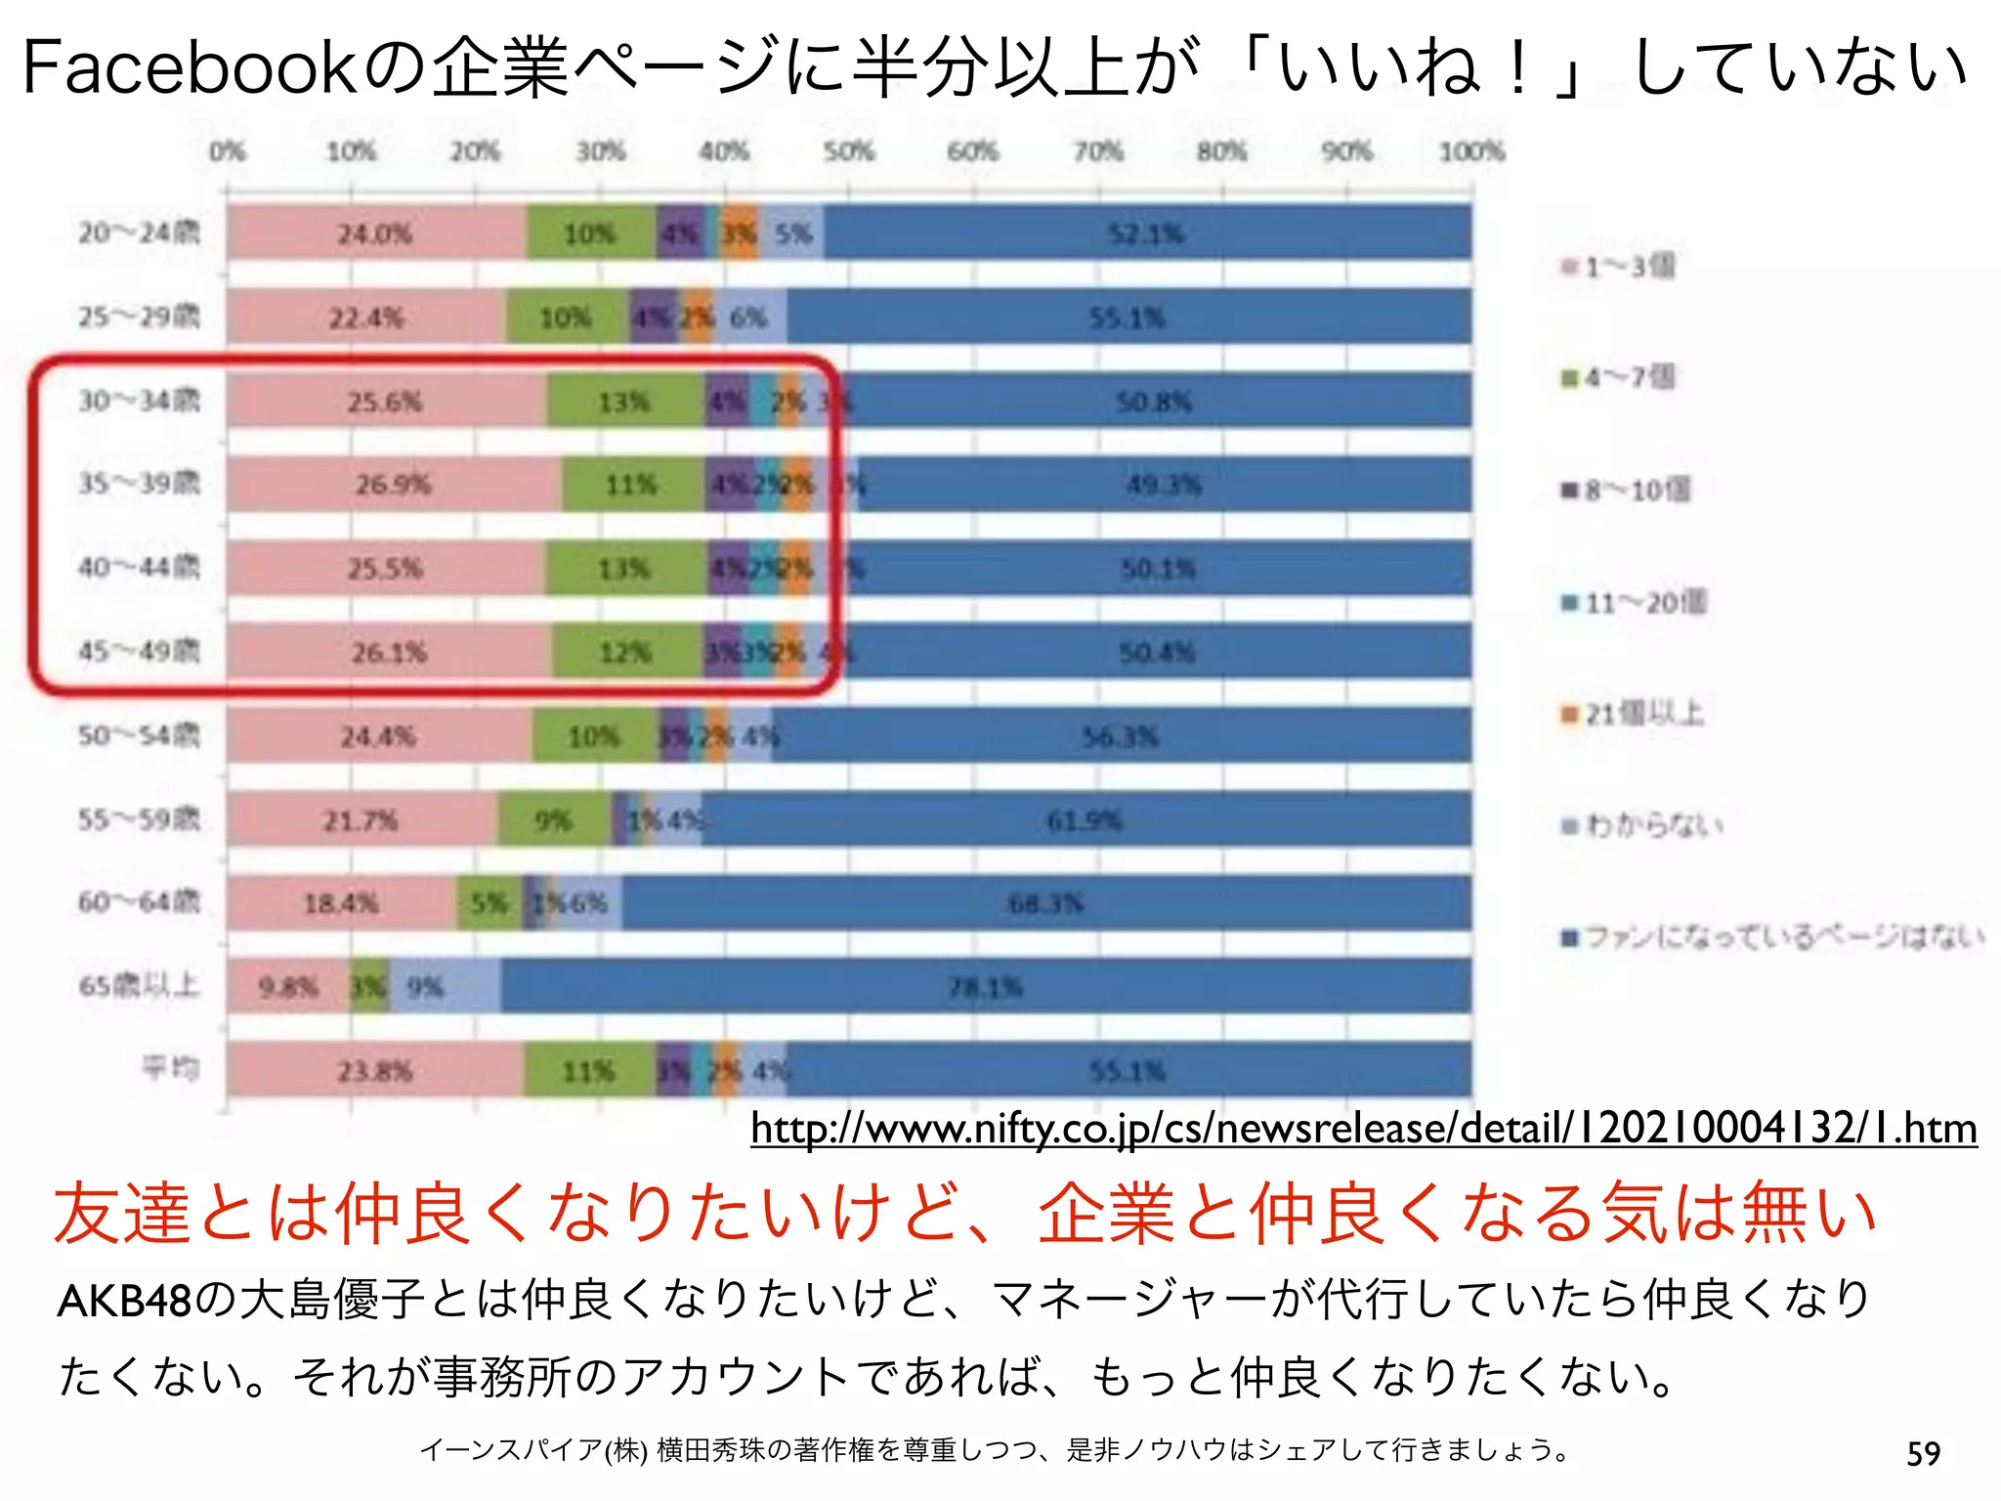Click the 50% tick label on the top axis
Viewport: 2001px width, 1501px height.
click(x=848, y=151)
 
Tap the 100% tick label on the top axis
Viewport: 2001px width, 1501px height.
click(x=1471, y=151)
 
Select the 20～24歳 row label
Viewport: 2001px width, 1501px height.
click(x=139, y=233)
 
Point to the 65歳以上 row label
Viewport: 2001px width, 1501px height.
click(x=139, y=985)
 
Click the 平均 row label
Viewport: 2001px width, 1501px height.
click(x=171, y=1068)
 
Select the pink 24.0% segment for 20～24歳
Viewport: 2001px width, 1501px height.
click(x=375, y=234)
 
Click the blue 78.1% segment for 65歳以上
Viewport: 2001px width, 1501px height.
click(x=985, y=987)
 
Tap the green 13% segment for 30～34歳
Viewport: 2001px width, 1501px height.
click(x=624, y=401)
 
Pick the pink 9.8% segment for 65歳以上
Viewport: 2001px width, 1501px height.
click(x=288, y=987)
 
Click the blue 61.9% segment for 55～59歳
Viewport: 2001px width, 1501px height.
click(x=1085, y=820)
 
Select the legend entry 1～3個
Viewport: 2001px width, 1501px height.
click(x=1627, y=266)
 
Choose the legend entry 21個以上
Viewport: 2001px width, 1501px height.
click(x=1641, y=714)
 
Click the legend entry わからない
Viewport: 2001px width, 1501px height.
click(x=1651, y=827)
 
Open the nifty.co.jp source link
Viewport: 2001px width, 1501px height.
click(x=1363, y=1129)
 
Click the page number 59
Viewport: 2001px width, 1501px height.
click(x=1923, y=1454)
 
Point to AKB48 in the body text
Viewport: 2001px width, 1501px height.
click(x=124, y=1301)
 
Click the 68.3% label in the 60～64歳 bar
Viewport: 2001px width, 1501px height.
click(x=1045, y=903)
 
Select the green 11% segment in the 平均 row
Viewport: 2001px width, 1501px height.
click(x=588, y=1071)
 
